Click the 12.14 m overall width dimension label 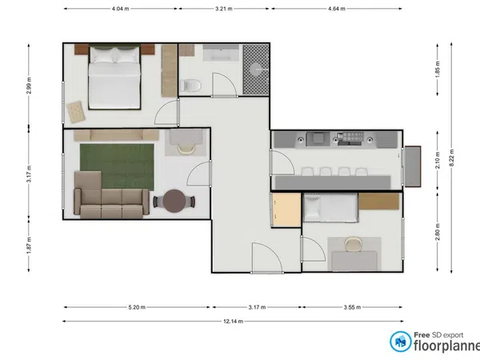(234, 321)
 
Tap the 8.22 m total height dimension (451, 158)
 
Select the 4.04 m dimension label (120, 9)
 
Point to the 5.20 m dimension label (137, 307)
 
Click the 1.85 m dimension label (438, 69)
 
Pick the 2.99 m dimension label (29, 86)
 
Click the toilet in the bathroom (190, 86)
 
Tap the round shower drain (256, 70)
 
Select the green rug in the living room (117, 167)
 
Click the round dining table (174, 201)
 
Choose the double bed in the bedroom (114, 77)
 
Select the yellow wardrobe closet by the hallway (286, 210)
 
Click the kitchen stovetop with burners (350, 138)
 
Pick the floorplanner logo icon (401, 342)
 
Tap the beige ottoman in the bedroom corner (76, 112)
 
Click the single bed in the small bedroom (330, 207)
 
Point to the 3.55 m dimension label (352, 307)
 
